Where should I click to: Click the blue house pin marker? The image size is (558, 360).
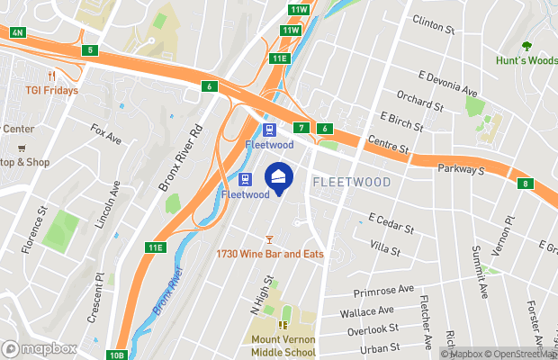(278, 176)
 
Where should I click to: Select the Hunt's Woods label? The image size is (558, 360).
(526, 61)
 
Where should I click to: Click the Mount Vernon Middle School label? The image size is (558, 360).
(283, 346)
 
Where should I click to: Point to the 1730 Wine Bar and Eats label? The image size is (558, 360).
(269, 255)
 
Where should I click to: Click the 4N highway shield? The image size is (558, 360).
(17, 32)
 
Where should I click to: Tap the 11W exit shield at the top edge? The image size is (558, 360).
(300, 9)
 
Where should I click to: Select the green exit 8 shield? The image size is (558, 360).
(525, 184)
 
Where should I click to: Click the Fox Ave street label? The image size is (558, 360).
(105, 135)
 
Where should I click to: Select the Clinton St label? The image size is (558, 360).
(433, 24)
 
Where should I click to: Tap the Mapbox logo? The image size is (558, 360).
(39, 348)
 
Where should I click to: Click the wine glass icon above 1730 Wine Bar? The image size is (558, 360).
(268, 238)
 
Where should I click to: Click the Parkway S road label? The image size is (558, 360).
(461, 168)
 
